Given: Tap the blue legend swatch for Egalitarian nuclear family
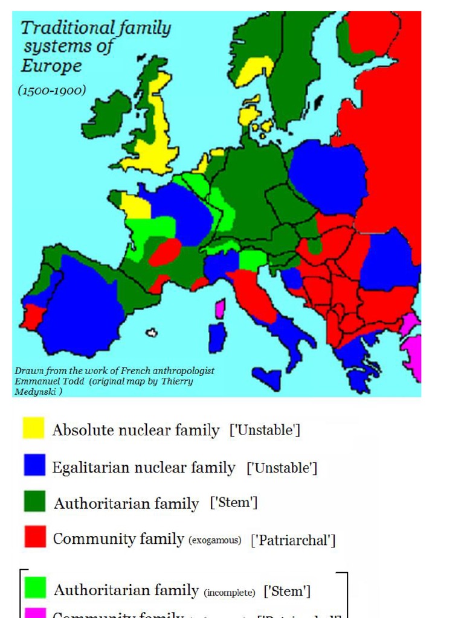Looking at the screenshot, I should [x=34, y=465].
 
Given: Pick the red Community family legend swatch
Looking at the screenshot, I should [x=34, y=537].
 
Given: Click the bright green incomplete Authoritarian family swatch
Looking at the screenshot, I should [x=34, y=587].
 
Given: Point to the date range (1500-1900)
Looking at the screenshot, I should [x=51, y=91].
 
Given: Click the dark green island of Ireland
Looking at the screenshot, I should [x=106, y=115].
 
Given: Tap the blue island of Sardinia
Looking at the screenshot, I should [x=217, y=338].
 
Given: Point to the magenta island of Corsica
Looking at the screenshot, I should [x=221, y=309].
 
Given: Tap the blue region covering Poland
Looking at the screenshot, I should [x=327, y=175].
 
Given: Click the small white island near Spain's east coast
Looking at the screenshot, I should [x=152, y=332].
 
